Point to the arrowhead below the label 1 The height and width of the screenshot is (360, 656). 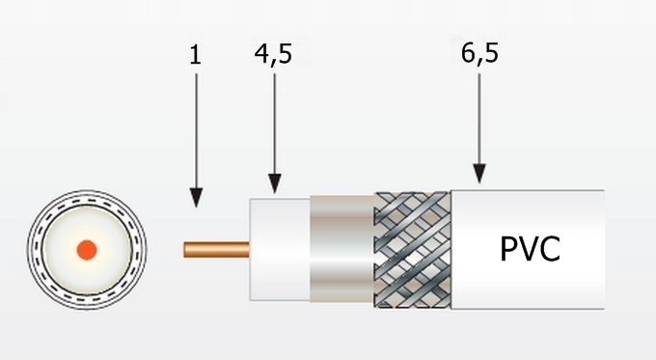pyautogui.click(x=197, y=198)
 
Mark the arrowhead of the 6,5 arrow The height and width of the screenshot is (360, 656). pyautogui.click(x=479, y=175)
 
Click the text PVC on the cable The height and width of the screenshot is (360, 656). pyautogui.click(x=530, y=249)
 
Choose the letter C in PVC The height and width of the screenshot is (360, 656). pyautogui.click(x=550, y=249)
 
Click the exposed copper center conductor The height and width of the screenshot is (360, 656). pyautogui.click(x=217, y=250)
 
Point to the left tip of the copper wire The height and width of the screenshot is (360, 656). pyautogui.click(x=185, y=250)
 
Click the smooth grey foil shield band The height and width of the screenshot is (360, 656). pyautogui.click(x=341, y=250)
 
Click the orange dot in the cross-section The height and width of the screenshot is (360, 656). pyautogui.click(x=87, y=249)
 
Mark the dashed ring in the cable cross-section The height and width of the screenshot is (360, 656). pyautogui.click(x=87, y=203)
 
